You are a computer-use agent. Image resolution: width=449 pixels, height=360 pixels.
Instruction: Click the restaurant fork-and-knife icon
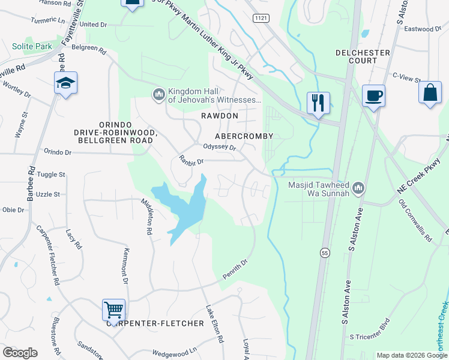pos(318,103)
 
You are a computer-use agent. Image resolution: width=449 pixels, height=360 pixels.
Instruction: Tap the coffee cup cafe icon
pos(373,96)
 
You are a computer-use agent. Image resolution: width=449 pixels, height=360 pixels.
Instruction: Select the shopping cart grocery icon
pos(113,310)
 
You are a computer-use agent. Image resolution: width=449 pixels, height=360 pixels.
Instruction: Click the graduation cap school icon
pos(65,83)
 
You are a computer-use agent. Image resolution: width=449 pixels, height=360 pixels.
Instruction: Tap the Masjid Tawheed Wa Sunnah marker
pos(359,188)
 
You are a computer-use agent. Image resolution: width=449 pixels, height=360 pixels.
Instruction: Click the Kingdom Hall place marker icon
pos(158,95)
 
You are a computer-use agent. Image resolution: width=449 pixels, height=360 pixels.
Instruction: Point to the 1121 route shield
pos(260,18)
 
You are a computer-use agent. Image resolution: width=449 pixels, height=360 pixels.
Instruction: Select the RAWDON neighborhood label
pos(220,115)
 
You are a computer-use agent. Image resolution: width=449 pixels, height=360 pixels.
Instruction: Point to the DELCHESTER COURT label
pos(363,56)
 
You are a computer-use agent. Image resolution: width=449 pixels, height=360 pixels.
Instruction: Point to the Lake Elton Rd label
pos(214,323)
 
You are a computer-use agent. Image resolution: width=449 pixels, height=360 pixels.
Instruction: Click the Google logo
pos(20,353)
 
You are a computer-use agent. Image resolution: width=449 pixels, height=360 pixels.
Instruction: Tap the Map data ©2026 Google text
pos(411,355)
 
